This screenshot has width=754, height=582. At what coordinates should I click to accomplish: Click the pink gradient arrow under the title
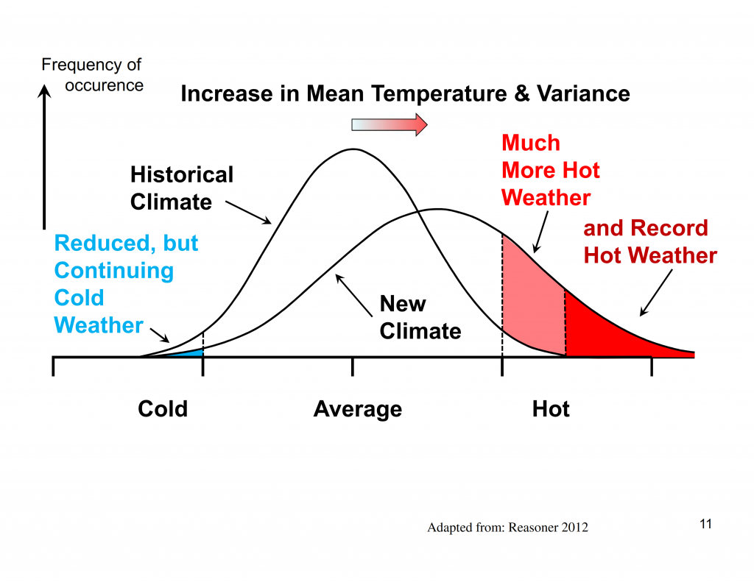(389, 125)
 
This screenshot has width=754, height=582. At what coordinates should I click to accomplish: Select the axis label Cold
(163, 409)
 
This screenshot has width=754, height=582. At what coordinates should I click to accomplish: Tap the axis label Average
(358, 409)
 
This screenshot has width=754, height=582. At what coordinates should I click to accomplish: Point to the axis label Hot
(551, 409)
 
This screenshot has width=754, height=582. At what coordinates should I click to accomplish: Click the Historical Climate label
(181, 188)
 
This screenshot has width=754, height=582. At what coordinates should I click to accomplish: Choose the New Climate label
(420, 318)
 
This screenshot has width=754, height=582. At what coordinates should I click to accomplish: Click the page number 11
(705, 525)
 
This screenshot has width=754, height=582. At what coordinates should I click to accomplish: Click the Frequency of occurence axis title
(93, 75)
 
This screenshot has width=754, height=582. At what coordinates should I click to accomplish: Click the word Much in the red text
(530, 143)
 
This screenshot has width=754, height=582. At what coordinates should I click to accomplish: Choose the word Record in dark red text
(672, 228)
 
